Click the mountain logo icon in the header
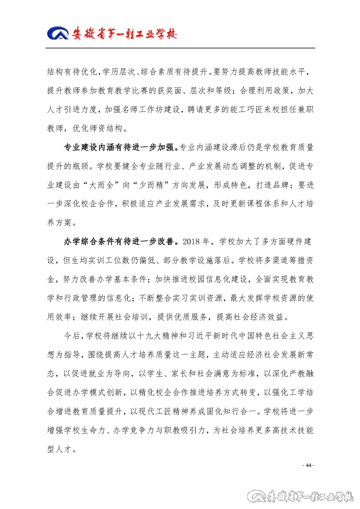tap(58, 33)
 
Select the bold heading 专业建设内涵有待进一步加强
tap(121, 147)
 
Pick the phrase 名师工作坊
tap(148, 109)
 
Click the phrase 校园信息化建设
tap(211, 279)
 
